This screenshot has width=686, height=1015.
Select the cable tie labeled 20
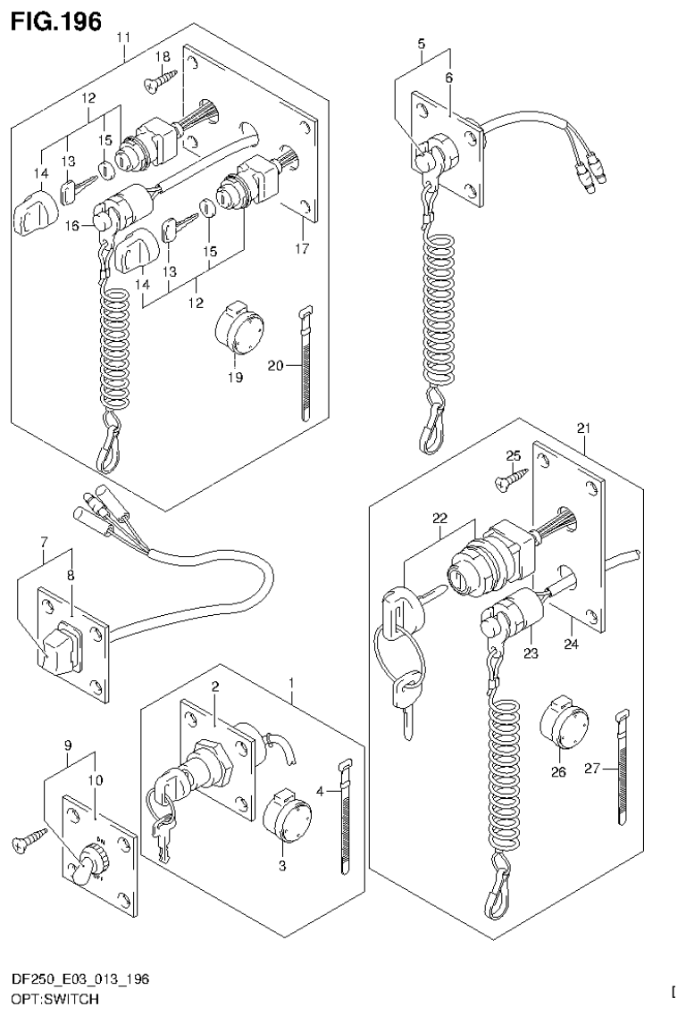304,362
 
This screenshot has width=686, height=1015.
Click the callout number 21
584,429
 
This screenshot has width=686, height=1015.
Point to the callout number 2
215,686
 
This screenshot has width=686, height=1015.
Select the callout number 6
449,78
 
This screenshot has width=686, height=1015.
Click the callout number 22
439,518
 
